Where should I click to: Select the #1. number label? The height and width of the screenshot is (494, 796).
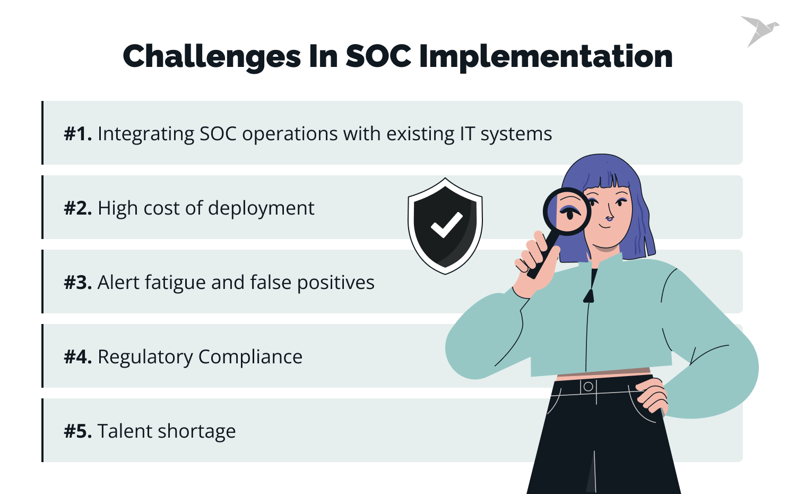(x=78, y=134)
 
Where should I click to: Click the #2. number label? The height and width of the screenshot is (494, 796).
(x=78, y=208)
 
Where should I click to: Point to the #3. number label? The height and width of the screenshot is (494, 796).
(x=78, y=283)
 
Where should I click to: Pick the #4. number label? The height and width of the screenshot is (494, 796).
(x=78, y=357)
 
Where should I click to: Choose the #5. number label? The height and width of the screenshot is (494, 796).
(x=78, y=431)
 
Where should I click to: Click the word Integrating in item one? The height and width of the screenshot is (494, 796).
(x=145, y=134)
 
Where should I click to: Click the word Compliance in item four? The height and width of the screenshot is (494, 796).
(x=250, y=357)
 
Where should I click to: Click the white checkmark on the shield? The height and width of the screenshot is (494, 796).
(x=446, y=225)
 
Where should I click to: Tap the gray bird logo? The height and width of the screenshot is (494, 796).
(x=759, y=30)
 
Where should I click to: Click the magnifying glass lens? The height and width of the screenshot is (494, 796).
(x=567, y=211)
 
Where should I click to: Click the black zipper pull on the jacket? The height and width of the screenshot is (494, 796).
(x=588, y=295)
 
